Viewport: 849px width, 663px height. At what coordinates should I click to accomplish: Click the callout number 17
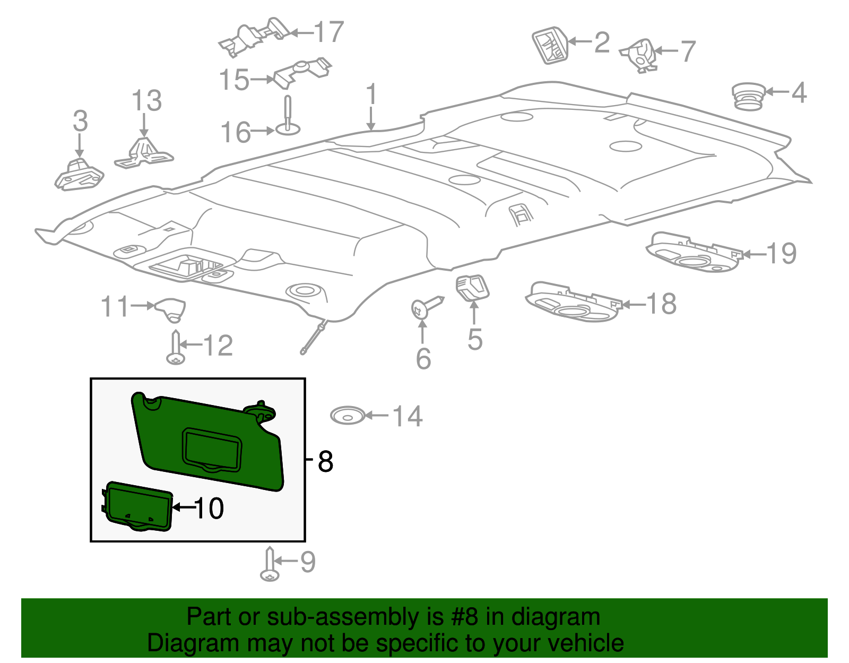click(x=329, y=32)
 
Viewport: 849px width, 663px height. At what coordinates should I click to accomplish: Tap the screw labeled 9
click(x=270, y=566)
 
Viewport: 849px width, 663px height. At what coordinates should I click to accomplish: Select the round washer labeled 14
click(x=348, y=416)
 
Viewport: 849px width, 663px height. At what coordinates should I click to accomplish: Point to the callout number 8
click(x=325, y=461)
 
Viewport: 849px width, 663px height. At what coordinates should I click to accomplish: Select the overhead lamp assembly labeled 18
click(x=573, y=303)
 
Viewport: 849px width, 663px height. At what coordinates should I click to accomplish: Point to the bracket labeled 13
click(x=143, y=153)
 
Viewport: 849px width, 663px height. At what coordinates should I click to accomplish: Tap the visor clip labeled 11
click(x=171, y=309)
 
